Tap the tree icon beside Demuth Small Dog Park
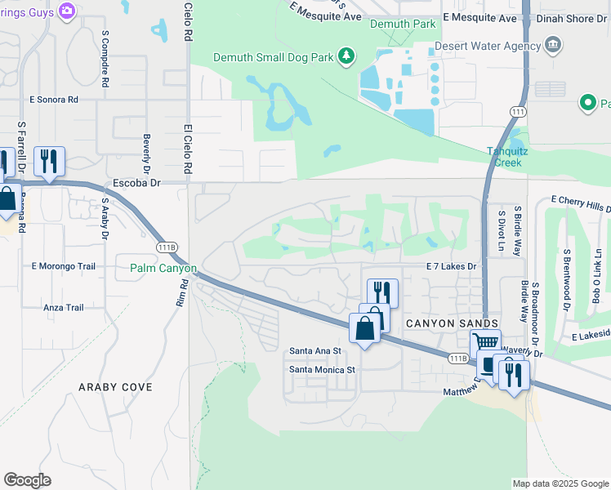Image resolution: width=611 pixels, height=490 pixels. click(x=347, y=55)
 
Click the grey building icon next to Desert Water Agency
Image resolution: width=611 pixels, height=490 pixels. click(x=553, y=43)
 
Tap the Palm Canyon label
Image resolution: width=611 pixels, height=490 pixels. click(x=163, y=268)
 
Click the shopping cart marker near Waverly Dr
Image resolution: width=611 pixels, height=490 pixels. click(x=485, y=345)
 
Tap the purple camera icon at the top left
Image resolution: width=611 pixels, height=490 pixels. click(x=67, y=11)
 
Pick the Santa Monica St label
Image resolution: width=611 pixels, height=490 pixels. click(x=323, y=369)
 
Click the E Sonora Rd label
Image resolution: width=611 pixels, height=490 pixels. click(x=55, y=99)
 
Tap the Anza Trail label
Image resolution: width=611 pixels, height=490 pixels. click(x=63, y=308)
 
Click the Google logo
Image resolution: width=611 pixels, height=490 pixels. click(x=27, y=480)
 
